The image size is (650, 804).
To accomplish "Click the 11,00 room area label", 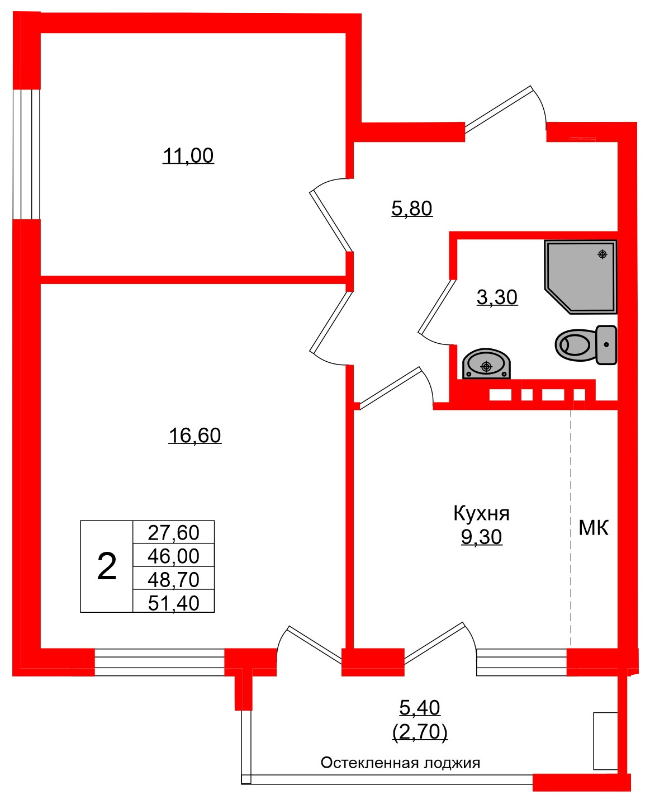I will point(188,155).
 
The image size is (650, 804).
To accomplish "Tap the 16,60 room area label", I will point(194,435).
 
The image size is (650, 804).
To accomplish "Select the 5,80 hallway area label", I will point(412,209).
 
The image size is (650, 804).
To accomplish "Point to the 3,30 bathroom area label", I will point(497,297).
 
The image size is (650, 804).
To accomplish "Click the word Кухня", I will point(481,513).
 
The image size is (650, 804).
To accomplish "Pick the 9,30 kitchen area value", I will point(481,537).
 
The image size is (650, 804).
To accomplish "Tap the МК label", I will point(593,527).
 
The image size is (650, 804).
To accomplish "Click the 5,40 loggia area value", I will point(420,708).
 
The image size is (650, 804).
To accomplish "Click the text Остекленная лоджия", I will point(400,763).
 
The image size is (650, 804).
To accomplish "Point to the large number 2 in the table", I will point(107,566).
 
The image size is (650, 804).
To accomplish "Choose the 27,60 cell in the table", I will point(173,532).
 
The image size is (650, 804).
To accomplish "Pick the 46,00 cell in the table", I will point(173,556).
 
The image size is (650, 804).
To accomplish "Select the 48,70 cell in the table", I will point(173,579).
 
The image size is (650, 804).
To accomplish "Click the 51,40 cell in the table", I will point(173,603).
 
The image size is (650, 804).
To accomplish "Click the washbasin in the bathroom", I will point(486,364).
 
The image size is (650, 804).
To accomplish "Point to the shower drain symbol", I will point(602,254).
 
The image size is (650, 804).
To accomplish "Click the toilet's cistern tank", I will point(606,345).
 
